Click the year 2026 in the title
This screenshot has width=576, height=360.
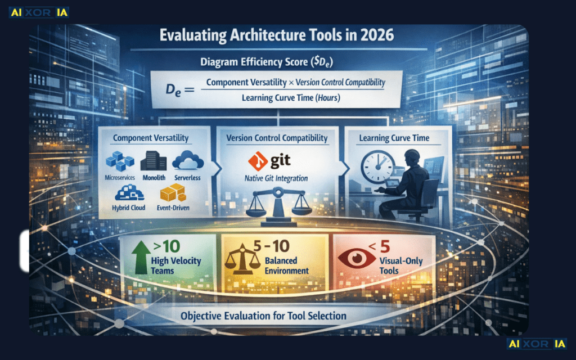click(377, 35)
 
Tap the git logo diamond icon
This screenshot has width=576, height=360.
click(258, 161)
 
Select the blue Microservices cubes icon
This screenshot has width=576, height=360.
click(120, 161)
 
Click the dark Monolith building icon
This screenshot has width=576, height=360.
click(154, 160)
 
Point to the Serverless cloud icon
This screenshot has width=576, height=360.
click(188, 160)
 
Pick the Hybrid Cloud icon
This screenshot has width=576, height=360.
click(129, 193)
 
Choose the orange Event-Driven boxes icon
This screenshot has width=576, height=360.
click(172, 192)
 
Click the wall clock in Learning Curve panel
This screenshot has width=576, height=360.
click(377, 167)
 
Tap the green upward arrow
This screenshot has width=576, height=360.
click(141, 258)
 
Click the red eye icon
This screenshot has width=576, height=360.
click(356, 258)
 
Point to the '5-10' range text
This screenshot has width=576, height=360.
click(272, 246)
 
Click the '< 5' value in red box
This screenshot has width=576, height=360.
click(379, 246)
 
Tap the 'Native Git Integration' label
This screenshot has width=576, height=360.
click(276, 178)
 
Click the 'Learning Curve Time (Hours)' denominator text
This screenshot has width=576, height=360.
click(291, 98)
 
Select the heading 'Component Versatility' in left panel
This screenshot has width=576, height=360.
click(151, 138)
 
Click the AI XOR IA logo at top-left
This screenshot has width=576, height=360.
click(39, 12)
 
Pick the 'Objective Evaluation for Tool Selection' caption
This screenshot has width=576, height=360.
click(263, 316)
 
